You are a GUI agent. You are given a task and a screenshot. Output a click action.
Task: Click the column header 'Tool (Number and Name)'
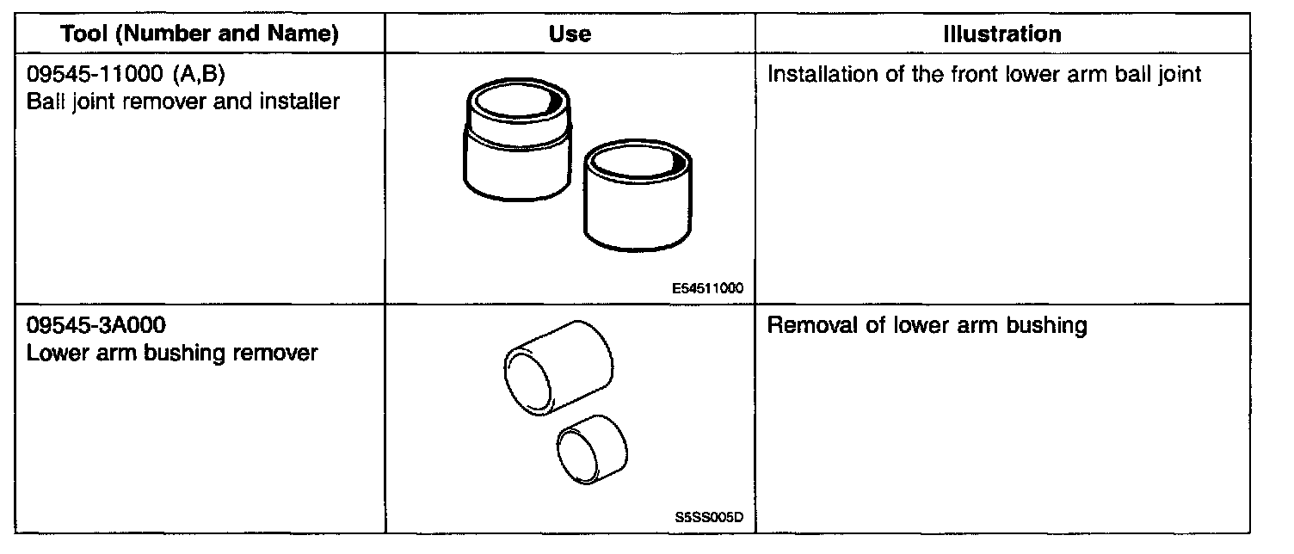[x=200, y=34]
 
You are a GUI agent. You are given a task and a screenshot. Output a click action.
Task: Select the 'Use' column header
[x=570, y=34]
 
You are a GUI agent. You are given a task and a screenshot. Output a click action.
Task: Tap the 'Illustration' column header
[x=1001, y=34]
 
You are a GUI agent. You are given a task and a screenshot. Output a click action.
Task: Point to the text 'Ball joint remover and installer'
[x=183, y=102]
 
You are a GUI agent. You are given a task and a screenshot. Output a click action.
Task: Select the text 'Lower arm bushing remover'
[x=172, y=353]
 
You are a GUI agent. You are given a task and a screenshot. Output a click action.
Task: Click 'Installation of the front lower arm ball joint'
[x=983, y=75]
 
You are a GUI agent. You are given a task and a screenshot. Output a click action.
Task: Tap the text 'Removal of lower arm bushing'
[x=927, y=327]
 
